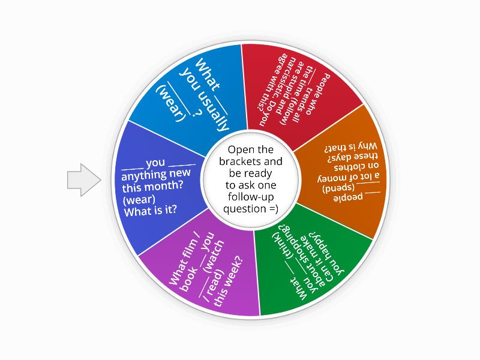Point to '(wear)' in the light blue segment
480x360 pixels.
coord(166,103)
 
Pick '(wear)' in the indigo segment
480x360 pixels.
coord(137,199)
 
